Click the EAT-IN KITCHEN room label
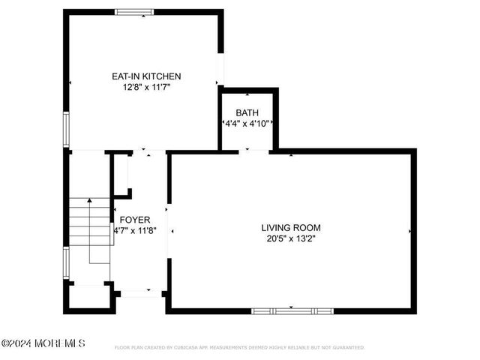(146, 76)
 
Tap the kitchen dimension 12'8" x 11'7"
(146, 87)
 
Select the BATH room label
(247, 112)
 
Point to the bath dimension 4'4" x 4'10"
(247, 123)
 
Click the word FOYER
(134, 220)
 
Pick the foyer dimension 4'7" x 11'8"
(134, 231)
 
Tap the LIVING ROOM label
(291, 227)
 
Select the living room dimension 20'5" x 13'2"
(291, 239)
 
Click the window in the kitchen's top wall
(134, 11)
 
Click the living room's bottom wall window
(292, 310)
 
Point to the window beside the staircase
(67, 264)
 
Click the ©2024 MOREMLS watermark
(43, 343)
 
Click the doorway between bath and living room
(253, 151)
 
